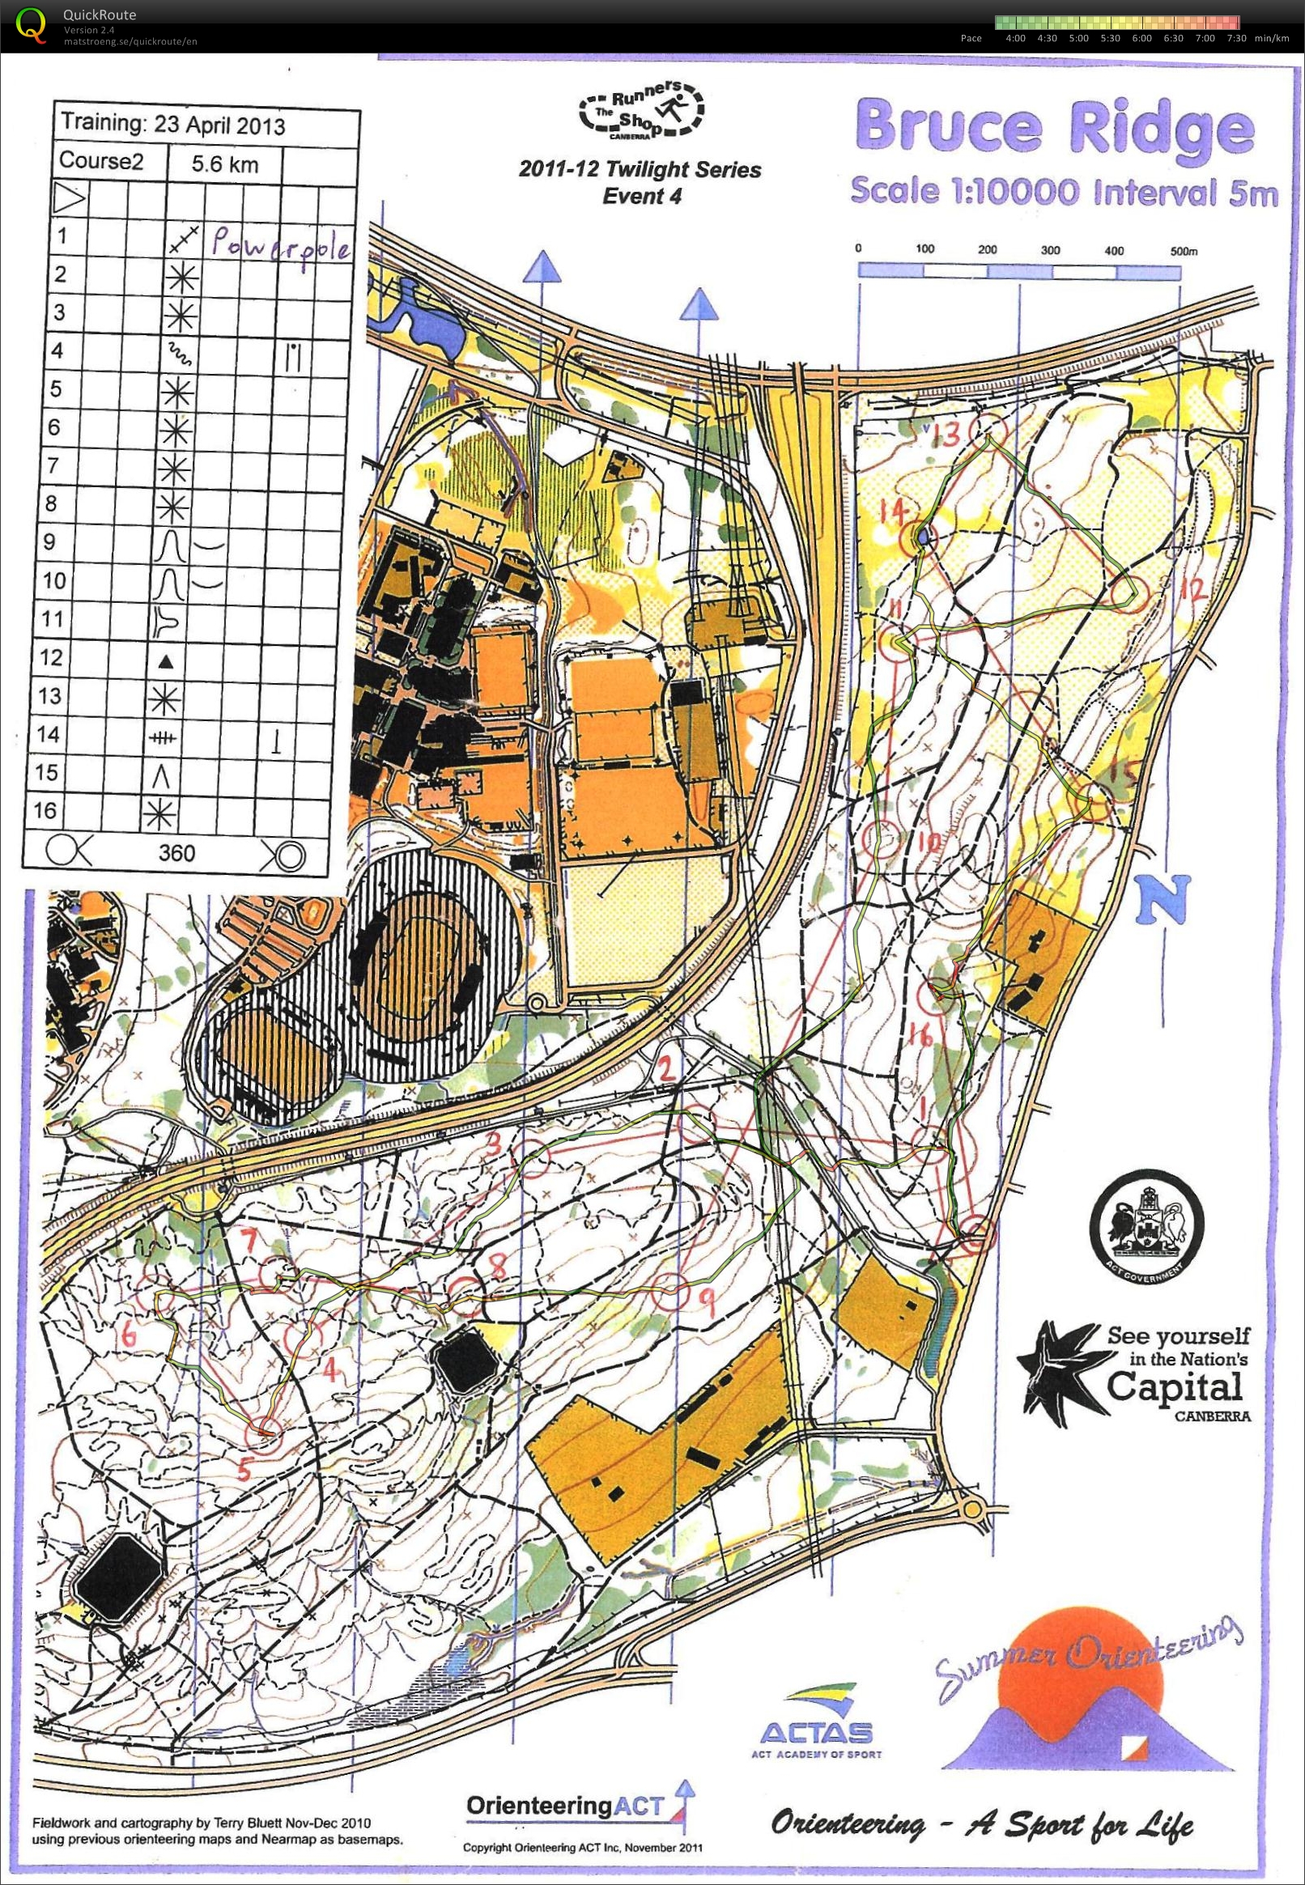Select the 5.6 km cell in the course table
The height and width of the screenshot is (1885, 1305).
[x=225, y=164]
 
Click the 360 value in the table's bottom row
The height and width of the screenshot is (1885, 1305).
[x=176, y=853]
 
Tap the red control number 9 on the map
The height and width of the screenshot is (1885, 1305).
[x=709, y=1297]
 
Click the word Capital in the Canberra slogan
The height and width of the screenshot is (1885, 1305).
[x=1174, y=1386]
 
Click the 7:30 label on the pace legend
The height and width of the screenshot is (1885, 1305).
[x=1236, y=38]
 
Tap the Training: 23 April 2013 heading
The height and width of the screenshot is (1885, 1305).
[x=173, y=125]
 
